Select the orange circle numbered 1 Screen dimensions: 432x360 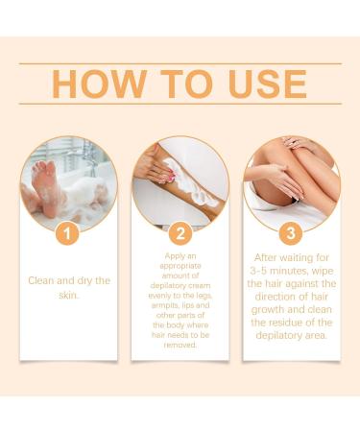tap(67, 232)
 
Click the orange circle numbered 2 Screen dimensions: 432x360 tap(180, 232)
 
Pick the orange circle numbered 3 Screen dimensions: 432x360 tap(291, 232)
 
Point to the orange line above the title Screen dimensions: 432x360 tap(180, 63)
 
